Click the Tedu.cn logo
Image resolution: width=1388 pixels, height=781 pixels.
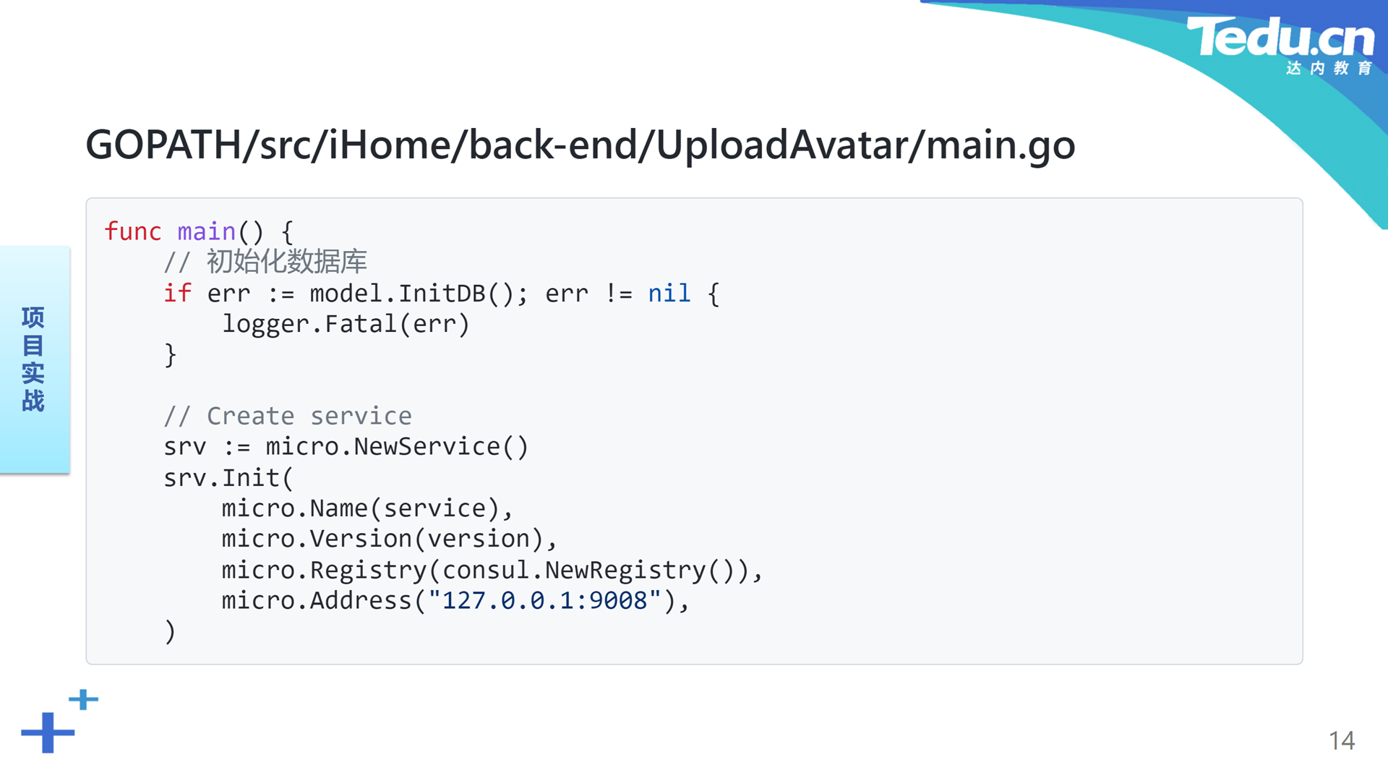1280,45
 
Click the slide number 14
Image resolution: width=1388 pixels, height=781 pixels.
1342,741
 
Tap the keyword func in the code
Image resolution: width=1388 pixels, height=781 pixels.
133,231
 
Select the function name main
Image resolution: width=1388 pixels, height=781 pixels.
207,231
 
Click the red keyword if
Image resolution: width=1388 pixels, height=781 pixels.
178,293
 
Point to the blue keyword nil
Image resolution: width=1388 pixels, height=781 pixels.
669,293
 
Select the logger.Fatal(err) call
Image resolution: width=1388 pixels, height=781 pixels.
346,324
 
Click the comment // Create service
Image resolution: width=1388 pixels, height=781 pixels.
288,416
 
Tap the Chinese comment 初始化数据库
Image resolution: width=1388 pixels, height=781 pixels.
287,261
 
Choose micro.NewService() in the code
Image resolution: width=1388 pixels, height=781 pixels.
397,447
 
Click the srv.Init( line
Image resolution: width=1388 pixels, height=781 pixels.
228,478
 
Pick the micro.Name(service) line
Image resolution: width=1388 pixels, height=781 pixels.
367,508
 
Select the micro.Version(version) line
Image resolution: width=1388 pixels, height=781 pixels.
390,539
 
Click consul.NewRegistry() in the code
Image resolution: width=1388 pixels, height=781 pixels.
588,570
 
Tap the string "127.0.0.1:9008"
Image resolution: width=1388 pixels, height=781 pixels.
544,600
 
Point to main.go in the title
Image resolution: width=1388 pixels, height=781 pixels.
1001,146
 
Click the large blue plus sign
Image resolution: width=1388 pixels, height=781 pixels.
48,733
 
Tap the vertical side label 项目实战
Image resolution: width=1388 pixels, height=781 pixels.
33,359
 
